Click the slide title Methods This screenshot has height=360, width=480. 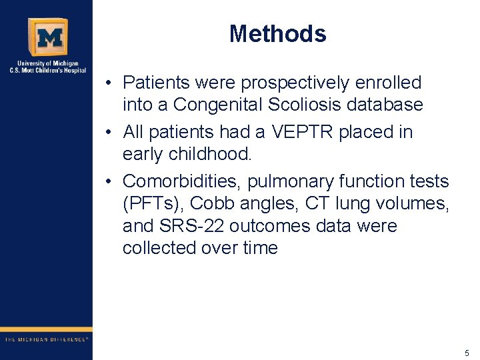[x=277, y=33]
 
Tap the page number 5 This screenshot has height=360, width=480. [x=467, y=353]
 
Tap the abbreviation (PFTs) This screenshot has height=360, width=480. [x=153, y=203]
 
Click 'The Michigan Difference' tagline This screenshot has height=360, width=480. [x=46, y=339]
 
